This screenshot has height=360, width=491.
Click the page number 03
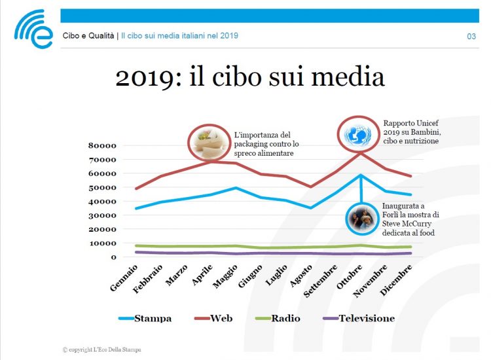(471, 36)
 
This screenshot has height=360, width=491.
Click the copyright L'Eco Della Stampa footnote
(101, 350)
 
